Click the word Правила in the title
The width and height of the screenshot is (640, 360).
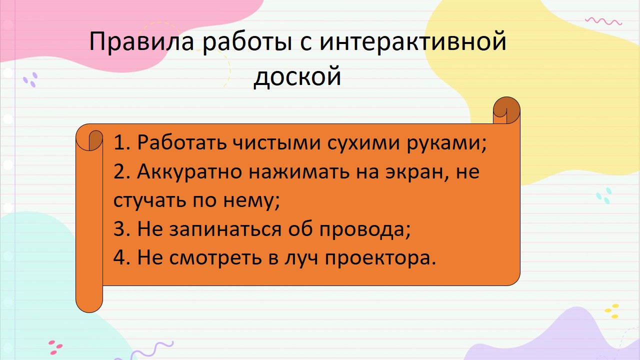[141, 42]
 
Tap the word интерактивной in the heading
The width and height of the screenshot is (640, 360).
[412, 41]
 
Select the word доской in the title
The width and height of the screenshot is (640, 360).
[297, 75]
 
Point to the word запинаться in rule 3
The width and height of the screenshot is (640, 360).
[225, 229]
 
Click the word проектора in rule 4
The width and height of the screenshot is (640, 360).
[380, 257]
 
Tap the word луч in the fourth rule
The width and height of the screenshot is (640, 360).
[301, 257]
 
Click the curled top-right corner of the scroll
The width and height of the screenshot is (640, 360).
[506, 110]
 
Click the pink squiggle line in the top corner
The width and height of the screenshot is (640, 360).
[603, 21]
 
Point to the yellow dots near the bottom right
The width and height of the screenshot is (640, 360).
[612, 311]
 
